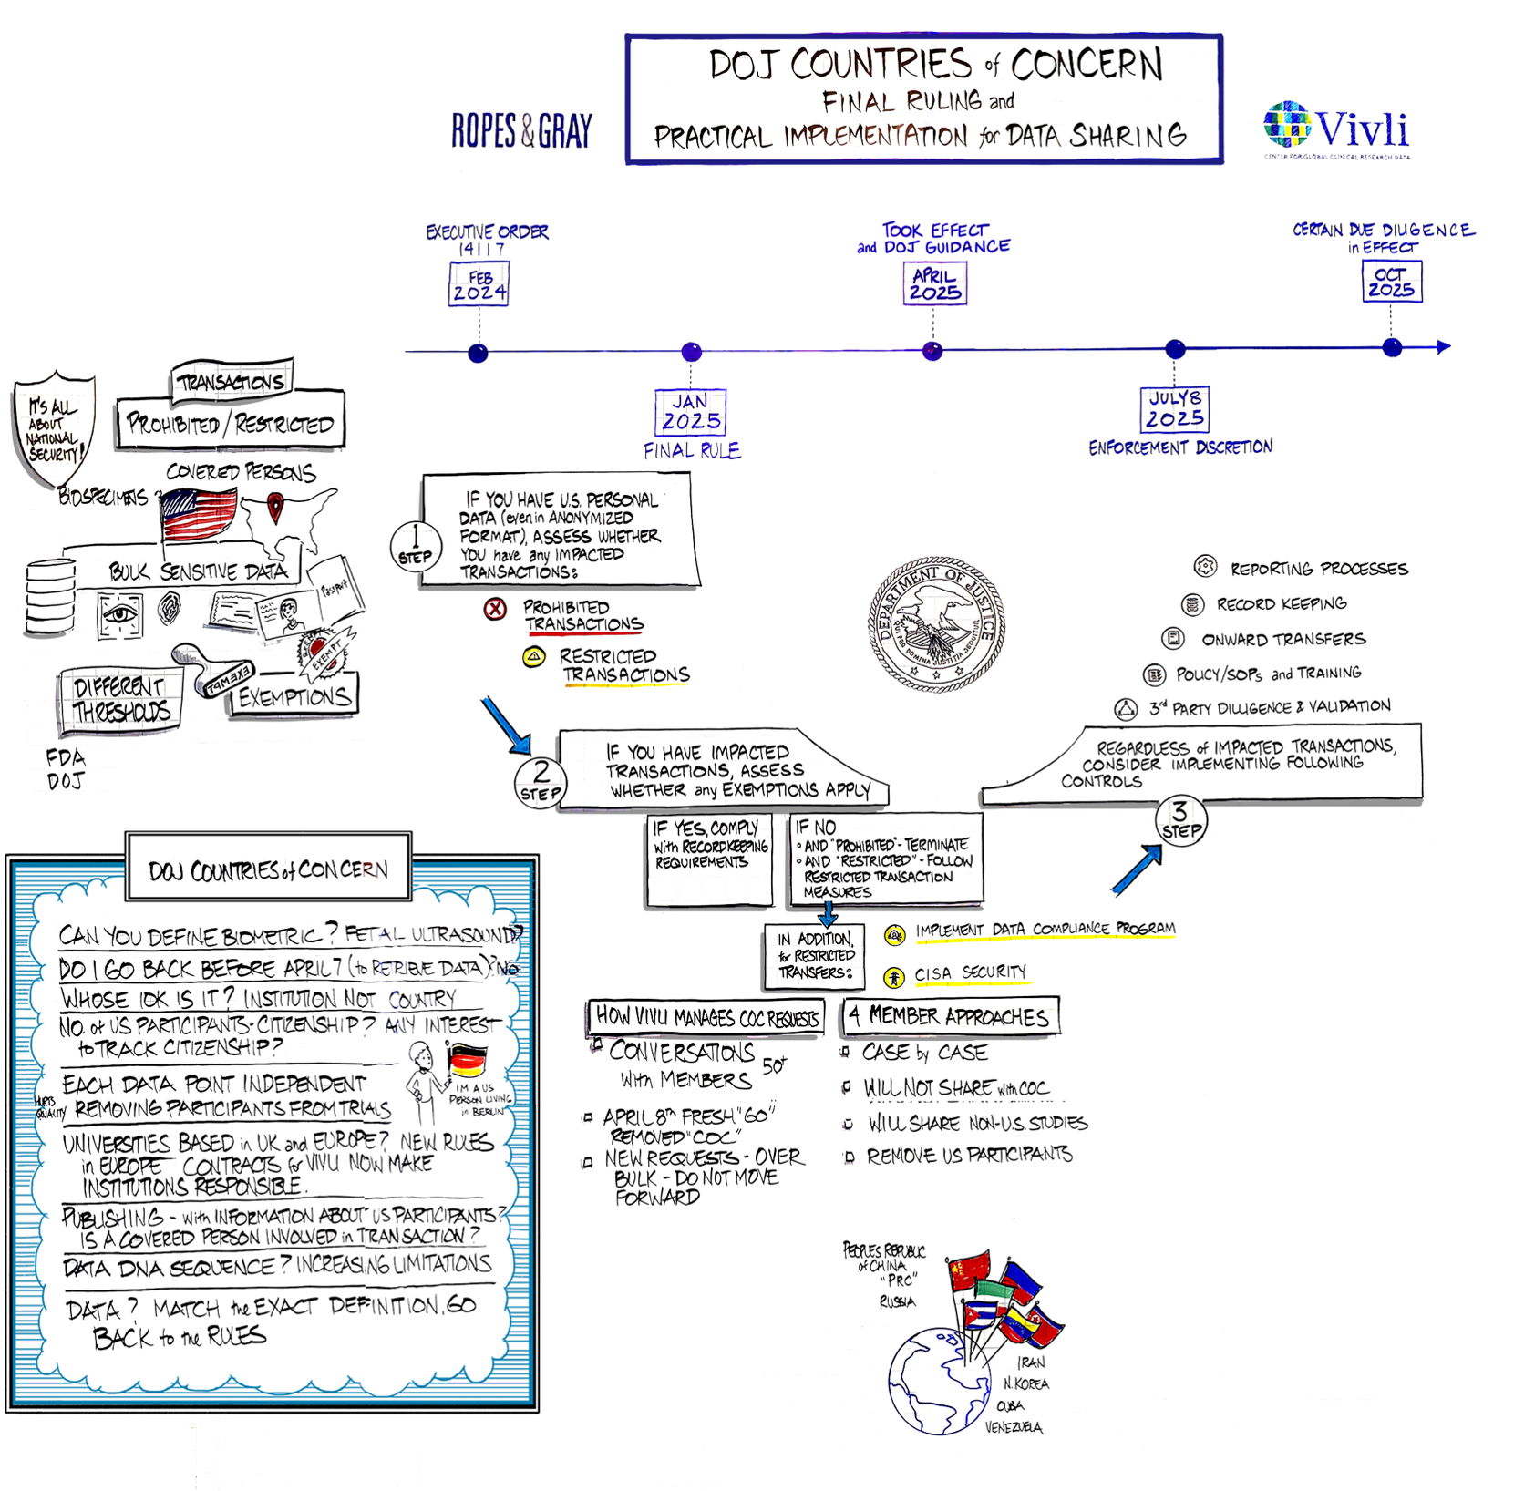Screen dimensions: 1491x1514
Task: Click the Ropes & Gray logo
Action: (521, 131)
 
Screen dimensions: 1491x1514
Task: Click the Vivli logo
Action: (1336, 129)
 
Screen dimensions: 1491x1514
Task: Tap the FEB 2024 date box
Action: (479, 284)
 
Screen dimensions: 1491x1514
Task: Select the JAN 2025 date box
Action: (691, 412)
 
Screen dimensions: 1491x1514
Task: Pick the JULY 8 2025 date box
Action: (1175, 409)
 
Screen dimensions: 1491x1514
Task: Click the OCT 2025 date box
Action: (1391, 282)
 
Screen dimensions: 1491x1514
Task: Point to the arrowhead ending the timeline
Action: (1443, 346)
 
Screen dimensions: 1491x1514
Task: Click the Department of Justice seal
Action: (936, 624)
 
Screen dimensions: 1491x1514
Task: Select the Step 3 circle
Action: (1180, 820)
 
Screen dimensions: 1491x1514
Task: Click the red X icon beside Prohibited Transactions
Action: (495, 609)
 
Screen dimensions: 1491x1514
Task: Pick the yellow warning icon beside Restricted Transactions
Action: (534, 657)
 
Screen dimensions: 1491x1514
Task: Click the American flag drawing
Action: (200, 515)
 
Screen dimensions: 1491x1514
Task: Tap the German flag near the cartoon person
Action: (468, 1061)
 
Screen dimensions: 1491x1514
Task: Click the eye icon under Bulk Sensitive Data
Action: (120, 612)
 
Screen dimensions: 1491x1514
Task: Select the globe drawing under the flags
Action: (939, 1382)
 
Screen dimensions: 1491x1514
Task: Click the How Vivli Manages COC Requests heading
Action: (706, 1018)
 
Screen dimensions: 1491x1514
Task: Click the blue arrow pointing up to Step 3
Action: (1138, 869)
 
